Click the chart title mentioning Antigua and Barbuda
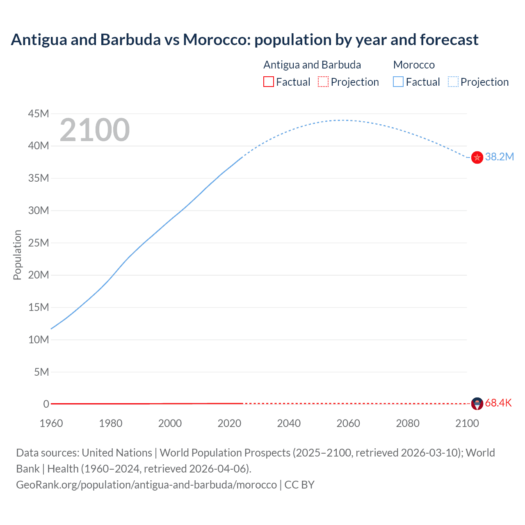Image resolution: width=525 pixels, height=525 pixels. coord(244,40)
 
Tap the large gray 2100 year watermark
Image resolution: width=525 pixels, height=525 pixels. coord(95,130)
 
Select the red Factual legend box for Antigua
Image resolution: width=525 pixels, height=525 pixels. coord(268,82)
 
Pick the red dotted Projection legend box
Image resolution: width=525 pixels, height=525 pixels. coord(323,82)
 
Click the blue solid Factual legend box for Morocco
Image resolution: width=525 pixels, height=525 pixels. coord(398,82)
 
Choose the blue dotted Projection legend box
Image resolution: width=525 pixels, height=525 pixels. coord(453,82)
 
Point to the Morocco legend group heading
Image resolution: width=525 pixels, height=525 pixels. coord(414,65)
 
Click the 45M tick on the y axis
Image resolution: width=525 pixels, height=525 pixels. coord(39,114)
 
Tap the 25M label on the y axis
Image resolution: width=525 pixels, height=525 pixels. coord(39,243)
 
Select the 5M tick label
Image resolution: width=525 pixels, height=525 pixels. coord(41,372)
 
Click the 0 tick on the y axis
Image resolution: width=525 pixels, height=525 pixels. coord(46,404)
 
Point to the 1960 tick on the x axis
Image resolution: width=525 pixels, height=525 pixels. coord(51,423)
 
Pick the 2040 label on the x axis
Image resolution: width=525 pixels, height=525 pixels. coord(289,423)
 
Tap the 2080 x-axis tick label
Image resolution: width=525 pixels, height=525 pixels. coord(408,423)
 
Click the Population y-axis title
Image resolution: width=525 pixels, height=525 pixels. coord(17,255)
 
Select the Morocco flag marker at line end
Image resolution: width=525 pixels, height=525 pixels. coord(477,157)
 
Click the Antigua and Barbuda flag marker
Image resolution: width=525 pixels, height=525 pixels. coord(477,404)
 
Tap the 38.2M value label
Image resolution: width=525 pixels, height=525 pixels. coord(500,157)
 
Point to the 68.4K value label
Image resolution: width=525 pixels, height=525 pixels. coord(498,403)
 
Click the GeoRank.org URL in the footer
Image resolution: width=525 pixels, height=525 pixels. coord(146,484)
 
